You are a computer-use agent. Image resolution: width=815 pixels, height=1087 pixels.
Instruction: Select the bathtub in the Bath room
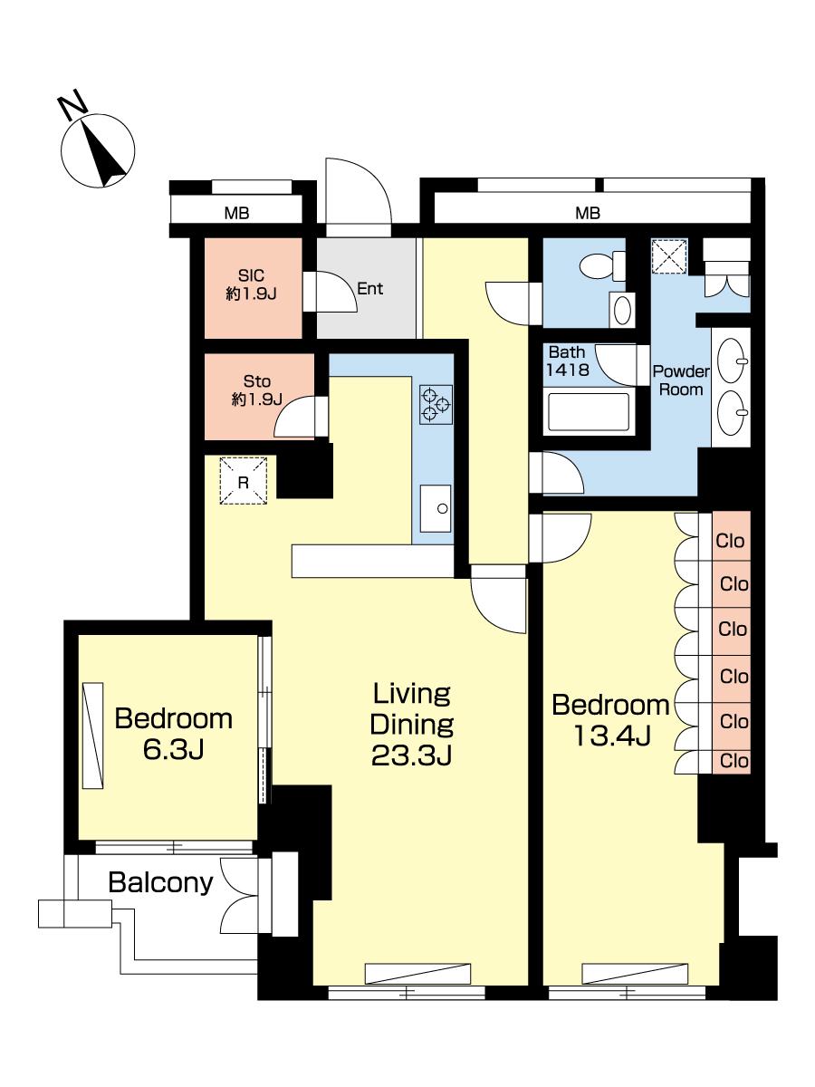click(588, 411)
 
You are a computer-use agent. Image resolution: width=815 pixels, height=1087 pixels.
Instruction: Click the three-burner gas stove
click(436, 405)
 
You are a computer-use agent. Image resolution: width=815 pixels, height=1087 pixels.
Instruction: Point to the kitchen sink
click(436, 508)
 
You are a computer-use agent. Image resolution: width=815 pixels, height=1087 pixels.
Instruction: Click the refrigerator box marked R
click(244, 480)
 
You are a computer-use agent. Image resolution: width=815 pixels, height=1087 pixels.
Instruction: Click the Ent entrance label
click(370, 289)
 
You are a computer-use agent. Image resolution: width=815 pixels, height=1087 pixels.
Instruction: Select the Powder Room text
click(681, 380)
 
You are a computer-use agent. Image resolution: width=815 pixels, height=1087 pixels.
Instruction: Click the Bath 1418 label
click(567, 361)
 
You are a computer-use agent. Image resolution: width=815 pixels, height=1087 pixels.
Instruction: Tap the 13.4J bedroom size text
click(611, 736)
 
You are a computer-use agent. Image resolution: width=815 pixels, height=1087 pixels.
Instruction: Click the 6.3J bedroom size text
click(174, 750)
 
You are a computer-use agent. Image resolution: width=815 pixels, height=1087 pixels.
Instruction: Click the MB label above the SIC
click(236, 214)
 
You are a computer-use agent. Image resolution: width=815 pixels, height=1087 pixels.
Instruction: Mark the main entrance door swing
click(359, 197)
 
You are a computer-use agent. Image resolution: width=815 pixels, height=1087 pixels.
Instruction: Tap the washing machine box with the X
click(669, 256)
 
